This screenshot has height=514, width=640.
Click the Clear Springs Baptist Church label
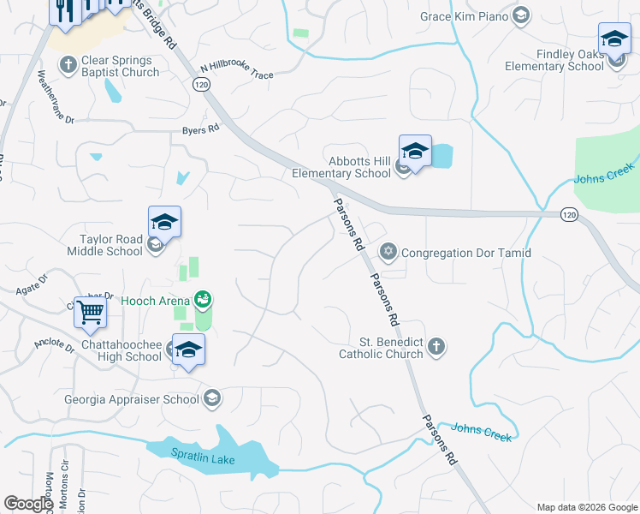click(x=120, y=67)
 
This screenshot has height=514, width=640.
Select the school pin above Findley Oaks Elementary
click(x=613, y=39)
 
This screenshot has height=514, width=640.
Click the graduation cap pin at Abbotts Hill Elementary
click(x=415, y=152)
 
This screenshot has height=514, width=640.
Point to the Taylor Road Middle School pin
click(x=164, y=223)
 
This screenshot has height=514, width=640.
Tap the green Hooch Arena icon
click(x=203, y=300)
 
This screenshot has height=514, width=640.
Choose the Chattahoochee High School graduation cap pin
click(x=188, y=350)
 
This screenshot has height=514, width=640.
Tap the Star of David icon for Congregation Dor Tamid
click(x=389, y=252)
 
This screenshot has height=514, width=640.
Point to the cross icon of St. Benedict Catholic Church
click(x=436, y=346)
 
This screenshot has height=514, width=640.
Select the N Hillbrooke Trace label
click(x=237, y=71)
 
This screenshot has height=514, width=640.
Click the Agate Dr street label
click(x=33, y=284)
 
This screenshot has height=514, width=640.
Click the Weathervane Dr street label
click(x=52, y=93)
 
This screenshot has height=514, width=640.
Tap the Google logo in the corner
click(x=28, y=504)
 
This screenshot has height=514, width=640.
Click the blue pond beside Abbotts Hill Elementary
click(x=441, y=156)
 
